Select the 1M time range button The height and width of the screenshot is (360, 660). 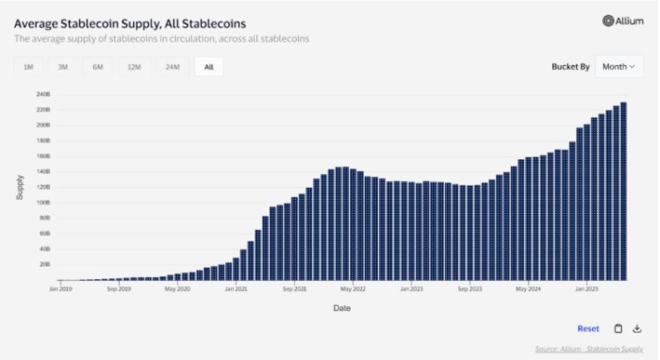28,67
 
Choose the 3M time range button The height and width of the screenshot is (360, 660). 62,67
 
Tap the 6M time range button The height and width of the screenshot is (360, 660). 98,67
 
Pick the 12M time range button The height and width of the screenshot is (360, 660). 134,67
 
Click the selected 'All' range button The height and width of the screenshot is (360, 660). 208,67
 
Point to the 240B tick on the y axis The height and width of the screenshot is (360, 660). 43,94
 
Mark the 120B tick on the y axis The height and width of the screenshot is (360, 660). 43,187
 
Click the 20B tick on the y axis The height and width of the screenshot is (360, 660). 44,264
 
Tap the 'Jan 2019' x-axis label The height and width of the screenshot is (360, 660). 59,289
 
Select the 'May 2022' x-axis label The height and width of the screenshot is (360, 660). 352,289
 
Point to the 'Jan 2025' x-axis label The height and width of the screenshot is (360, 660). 586,289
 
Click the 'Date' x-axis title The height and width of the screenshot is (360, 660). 341,307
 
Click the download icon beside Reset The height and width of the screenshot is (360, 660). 635,329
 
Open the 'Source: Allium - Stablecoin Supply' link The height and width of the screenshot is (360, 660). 588,349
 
